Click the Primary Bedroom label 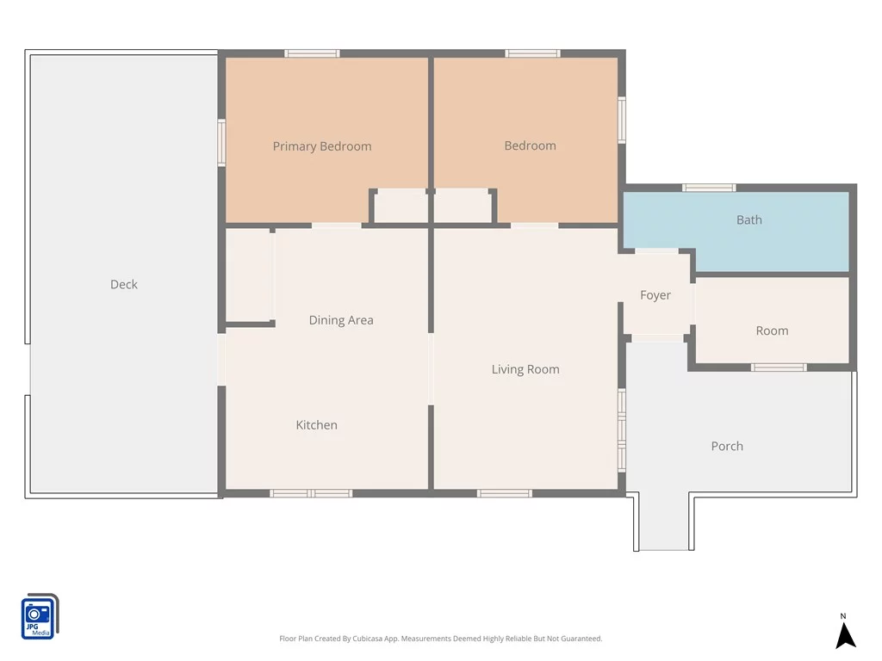tap(322, 146)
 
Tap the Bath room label tap(749, 219)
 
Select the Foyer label tap(655, 295)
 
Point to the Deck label tap(124, 284)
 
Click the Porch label tap(727, 447)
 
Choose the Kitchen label tap(317, 425)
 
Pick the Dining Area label tap(341, 320)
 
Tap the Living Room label tap(525, 369)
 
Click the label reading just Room tap(772, 331)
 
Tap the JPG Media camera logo tap(40, 616)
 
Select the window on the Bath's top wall tap(709, 188)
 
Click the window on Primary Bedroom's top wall tap(312, 53)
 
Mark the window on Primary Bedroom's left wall tap(221, 142)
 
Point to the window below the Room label tap(779, 368)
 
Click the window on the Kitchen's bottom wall tap(311, 493)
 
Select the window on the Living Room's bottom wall tap(505, 493)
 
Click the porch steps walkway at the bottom tap(664, 522)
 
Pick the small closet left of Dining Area tap(248, 275)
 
